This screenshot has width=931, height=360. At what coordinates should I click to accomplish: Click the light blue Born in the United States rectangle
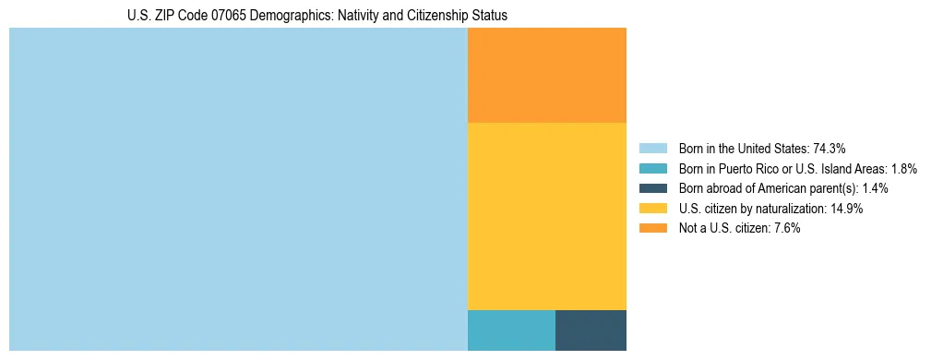pyautogui.click(x=238, y=189)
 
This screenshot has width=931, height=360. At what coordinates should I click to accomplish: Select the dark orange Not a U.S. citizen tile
pyautogui.click(x=547, y=75)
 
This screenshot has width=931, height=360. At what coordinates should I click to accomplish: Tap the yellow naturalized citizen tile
pyautogui.click(x=547, y=216)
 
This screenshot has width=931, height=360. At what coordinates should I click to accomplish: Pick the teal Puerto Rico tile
pyautogui.click(x=511, y=330)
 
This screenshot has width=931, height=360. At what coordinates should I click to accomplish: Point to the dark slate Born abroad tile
pyautogui.click(x=591, y=330)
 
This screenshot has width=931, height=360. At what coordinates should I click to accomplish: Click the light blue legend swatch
pyautogui.click(x=652, y=148)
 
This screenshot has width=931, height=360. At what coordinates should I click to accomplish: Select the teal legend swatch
pyautogui.click(x=652, y=168)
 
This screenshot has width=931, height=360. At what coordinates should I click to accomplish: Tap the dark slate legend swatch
pyautogui.click(x=652, y=188)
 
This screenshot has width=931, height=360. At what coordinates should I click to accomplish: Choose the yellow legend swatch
pyautogui.click(x=652, y=209)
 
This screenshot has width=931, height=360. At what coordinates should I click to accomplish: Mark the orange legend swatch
pyautogui.click(x=652, y=228)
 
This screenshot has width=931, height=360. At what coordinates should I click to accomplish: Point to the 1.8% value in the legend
pyautogui.click(x=904, y=168)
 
